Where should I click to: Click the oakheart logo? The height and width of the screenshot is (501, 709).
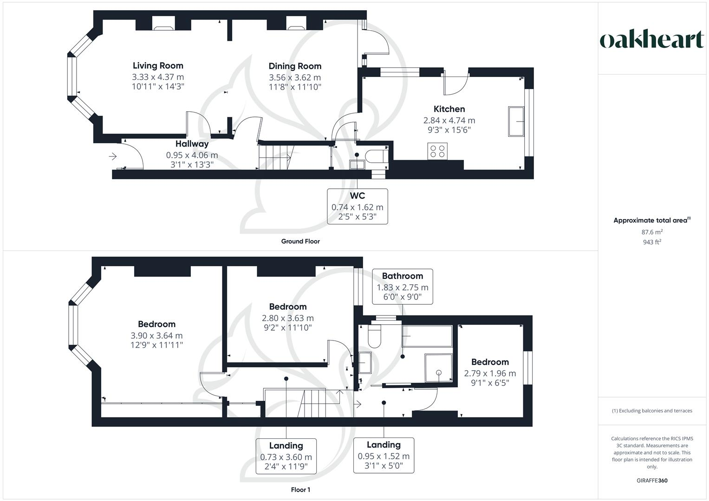[652, 40]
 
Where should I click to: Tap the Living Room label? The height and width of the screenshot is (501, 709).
[158, 66]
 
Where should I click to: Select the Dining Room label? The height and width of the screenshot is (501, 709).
[295, 66]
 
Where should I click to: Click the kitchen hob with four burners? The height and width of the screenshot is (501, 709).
[437, 151]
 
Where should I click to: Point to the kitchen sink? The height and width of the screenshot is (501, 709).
[516, 122]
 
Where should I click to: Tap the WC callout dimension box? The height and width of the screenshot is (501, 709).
[357, 206]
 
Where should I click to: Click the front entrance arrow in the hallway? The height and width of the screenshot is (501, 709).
[112, 157]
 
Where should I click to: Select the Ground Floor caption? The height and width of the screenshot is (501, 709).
[300, 241]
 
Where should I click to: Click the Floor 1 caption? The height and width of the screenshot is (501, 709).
[300, 490]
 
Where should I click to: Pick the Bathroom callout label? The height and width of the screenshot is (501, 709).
[402, 276]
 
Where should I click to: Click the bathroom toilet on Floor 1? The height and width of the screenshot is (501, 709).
[374, 337]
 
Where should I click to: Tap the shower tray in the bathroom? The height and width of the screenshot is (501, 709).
[438, 368]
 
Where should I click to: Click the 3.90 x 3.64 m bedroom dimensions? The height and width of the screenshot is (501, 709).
[156, 336]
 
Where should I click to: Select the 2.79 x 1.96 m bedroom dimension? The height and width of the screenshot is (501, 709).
[490, 373]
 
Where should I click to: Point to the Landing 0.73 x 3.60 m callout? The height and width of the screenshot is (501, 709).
[286, 456]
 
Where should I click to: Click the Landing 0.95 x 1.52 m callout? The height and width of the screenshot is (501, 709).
[384, 455]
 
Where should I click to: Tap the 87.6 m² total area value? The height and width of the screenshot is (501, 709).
[652, 232]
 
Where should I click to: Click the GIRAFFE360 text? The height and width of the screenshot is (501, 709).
[652, 481]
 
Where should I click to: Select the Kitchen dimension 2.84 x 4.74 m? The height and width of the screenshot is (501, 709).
[449, 120]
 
